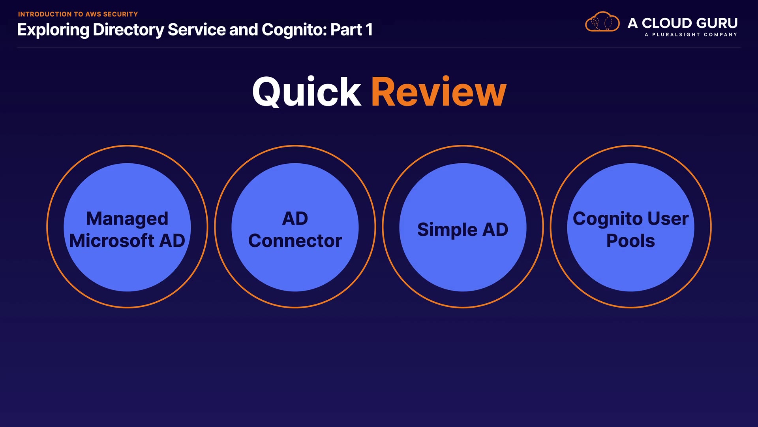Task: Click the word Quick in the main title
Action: pyautogui.click(x=307, y=92)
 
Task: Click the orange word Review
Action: pyautogui.click(x=439, y=92)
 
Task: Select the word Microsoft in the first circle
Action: pyautogui.click(x=112, y=241)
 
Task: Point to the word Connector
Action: pyautogui.click(x=295, y=241)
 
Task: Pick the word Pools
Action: pyautogui.click(x=630, y=241)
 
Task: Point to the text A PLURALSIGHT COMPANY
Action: pyautogui.click(x=691, y=35)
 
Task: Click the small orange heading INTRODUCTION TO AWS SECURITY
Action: pyautogui.click(x=78, y=14)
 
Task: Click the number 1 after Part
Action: pyautogui.click(x=369, y=30)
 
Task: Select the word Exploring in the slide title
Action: pyautogui.click(x=53, y=30)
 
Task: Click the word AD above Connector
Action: pyautogui.click(x=295, y=219)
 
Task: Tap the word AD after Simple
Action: pyautogui.click(x=495, y=230)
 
